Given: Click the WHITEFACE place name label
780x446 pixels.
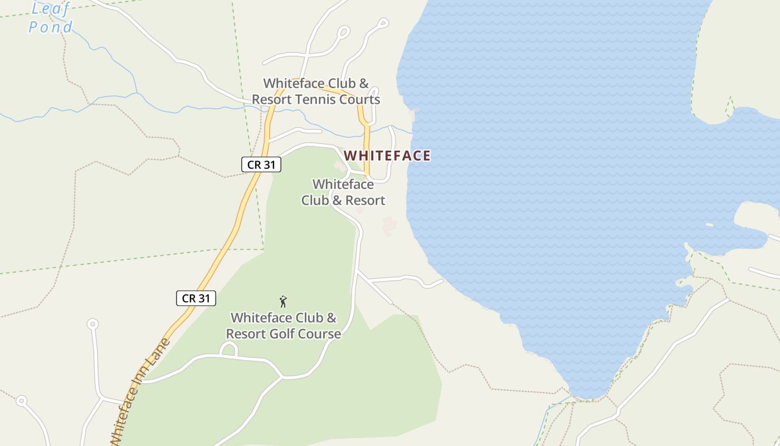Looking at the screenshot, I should point(387,156).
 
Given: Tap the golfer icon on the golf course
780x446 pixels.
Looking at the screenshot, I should point(283,302).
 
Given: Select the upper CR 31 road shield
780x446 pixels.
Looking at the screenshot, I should point(261,164).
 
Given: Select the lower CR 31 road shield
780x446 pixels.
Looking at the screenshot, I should point(196,298).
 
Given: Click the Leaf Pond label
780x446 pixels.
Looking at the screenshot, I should point(51,18).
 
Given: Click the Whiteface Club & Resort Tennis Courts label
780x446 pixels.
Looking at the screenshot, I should point(316,91).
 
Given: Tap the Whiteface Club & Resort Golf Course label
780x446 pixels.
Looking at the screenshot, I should point(284,326).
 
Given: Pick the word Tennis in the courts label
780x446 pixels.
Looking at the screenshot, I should point(329,100).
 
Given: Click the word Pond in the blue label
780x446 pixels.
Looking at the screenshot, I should point(50,27).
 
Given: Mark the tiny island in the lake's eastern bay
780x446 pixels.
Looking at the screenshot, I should point(709,225).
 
